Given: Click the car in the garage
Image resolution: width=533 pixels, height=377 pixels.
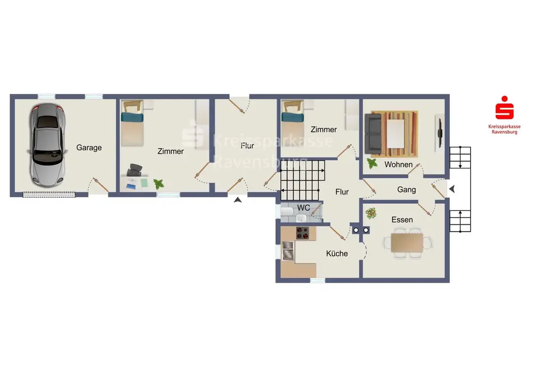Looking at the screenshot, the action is click(x=46, y=145).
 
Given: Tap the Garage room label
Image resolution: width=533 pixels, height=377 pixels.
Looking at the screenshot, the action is click(x=89, y=148).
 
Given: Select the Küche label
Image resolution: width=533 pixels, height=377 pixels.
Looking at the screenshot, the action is click(x=337, y=253).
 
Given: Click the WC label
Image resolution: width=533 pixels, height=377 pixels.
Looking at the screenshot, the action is click(x=304, y=207).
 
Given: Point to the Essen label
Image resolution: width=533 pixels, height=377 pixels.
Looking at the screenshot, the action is click(x=402, y=220).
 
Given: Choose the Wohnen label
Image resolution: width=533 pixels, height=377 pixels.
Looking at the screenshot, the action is click(x=398, y=165).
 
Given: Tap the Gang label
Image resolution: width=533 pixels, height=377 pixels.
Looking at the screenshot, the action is click(x=407, y=190).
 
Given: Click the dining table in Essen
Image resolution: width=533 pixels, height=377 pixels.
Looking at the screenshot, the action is click(x=407, y=243).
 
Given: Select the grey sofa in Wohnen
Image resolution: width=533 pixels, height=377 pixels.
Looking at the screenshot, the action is click(x=373, y=134).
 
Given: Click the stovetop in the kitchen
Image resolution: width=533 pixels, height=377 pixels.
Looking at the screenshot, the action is click(x=303, y=233).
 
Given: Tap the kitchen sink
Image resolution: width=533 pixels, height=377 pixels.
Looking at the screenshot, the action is click(x=288, y=251).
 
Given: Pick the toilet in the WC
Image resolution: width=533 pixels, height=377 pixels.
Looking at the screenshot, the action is click(x=287, y=212).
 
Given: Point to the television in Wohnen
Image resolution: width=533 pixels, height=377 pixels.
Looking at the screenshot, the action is click(x=440, y=133).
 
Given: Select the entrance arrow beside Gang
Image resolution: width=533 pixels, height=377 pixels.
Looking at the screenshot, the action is click(x=452, y=189).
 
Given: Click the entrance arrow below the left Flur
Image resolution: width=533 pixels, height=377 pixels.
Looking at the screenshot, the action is click(x=238, y=200).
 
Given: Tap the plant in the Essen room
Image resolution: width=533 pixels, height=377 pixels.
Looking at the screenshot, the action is click(x=371, y=213).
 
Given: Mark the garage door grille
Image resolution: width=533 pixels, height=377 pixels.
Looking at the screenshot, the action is click(x=49, y=195).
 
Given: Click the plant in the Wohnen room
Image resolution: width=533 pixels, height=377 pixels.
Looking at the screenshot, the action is click(x=372, y=164).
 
